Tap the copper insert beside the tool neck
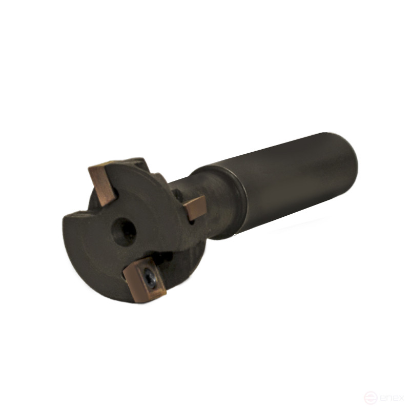195,208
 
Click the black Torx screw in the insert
150,278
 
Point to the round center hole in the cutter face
124,232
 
